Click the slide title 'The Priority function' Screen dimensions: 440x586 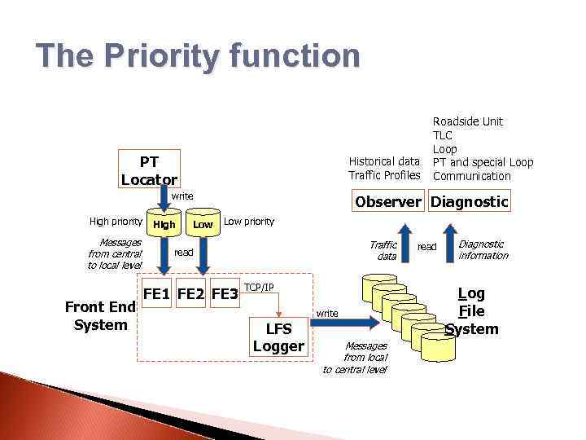198,57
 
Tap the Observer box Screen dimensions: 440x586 386,201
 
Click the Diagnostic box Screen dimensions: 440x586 470,201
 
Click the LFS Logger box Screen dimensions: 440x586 278,337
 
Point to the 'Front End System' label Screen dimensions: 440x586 100,316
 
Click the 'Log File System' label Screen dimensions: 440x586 472,311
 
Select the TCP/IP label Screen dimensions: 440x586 259,288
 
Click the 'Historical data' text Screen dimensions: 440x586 384,161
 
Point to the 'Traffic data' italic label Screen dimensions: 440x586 383,250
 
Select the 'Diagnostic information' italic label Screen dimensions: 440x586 483,249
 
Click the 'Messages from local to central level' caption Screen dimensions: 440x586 355,358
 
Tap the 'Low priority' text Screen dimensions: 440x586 249,222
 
